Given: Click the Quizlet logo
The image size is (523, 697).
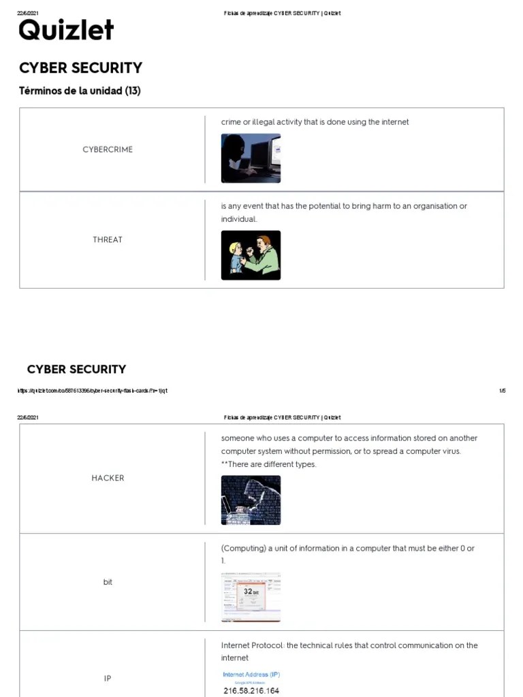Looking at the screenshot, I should click(x=66, y=31).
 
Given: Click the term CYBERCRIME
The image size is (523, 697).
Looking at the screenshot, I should click(x=108, y=149).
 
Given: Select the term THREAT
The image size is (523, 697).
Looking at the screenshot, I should click(x=108, y=240).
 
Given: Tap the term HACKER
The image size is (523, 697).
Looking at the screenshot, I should click(x=108, y=478).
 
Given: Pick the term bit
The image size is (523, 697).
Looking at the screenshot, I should click(x=108, y=582).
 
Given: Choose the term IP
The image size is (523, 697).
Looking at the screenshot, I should click(x=108, y=679).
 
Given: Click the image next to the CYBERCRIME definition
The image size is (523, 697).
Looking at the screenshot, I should click(x=251, y=158).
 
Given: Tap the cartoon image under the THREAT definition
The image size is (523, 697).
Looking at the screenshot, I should click(x=251, y=255).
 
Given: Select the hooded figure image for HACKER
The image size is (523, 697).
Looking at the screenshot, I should click(x=251, y=500).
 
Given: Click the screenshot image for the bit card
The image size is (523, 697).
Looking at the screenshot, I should click(x=251, y=597).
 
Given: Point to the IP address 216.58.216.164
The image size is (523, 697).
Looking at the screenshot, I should click(x=251, y=691).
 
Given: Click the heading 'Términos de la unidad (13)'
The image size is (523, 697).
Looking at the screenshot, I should click(x=80, y=91).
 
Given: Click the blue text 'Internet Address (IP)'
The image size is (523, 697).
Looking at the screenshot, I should click(x=251, y=675).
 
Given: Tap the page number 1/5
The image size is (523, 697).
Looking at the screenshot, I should click(x=502, y=391).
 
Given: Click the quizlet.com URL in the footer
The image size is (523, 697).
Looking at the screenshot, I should click(x=92, y=391).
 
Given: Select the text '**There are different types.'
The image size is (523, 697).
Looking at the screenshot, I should click(x=268, y=464).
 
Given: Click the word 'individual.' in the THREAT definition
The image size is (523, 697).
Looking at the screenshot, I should click(x=239, y=219).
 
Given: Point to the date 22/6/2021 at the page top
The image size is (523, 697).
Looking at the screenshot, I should click(x=28, y=14).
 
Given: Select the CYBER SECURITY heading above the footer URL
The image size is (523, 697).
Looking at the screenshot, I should click(x=76, y=370).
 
